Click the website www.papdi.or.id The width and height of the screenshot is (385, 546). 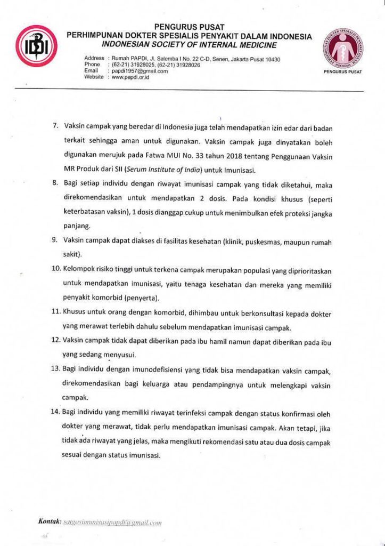coord(131,77)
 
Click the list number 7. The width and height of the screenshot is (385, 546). coord(54,127)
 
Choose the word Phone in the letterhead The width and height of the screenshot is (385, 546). coord(92,65)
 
